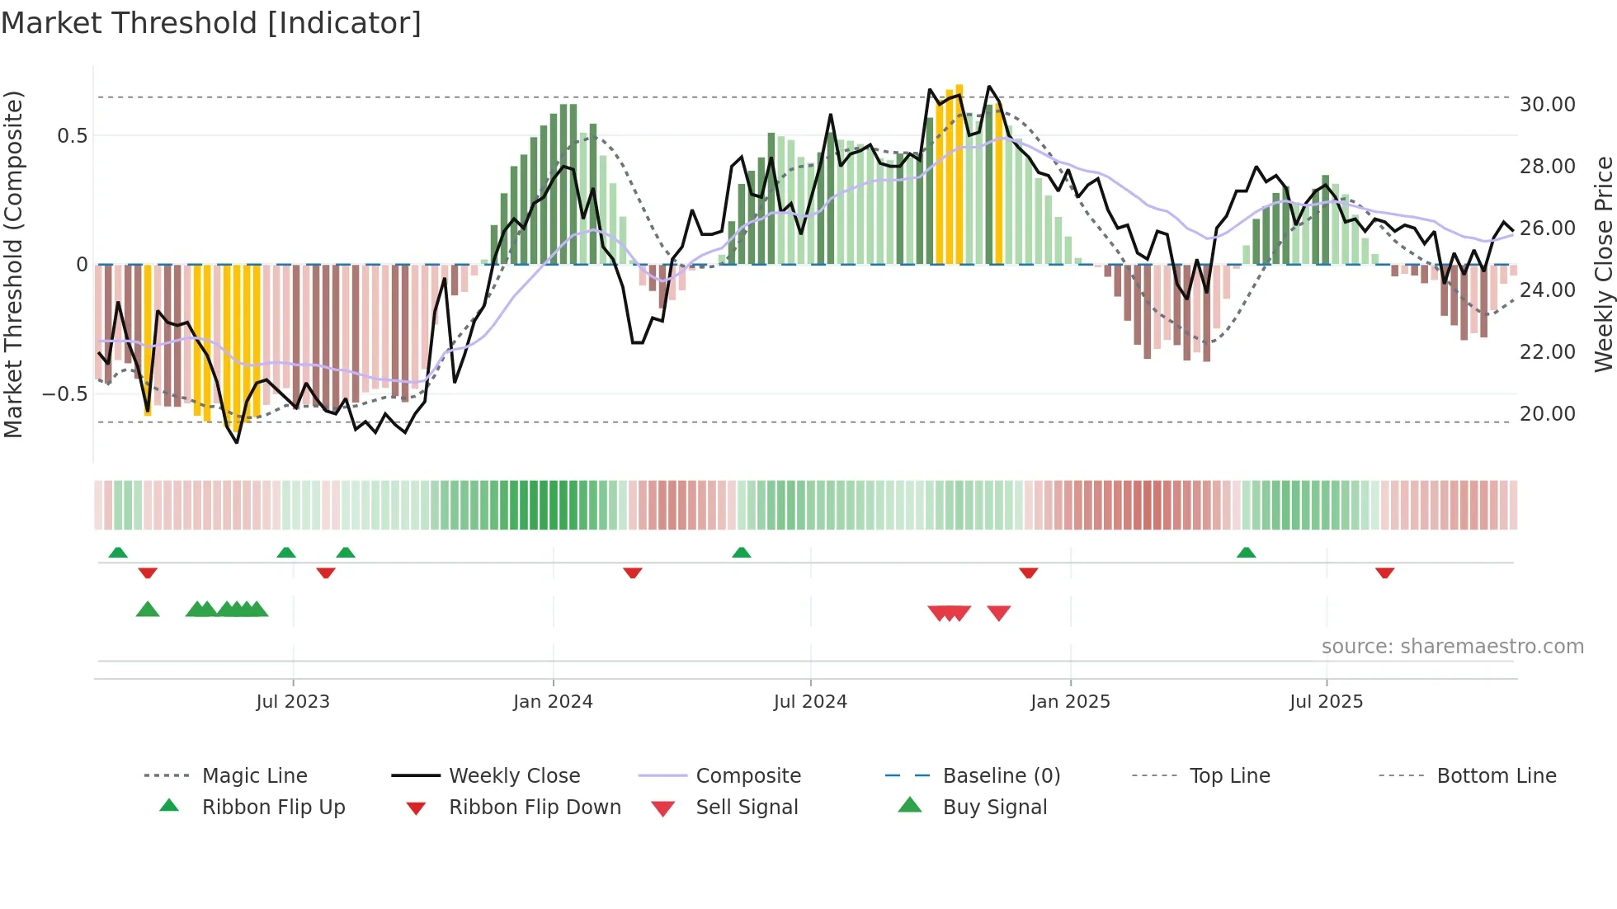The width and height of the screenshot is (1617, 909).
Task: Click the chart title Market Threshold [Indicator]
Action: tap(211, 23)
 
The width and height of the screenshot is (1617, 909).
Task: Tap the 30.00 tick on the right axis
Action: tap(1547, 105)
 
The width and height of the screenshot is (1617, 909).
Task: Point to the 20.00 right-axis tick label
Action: tap(1547, 414)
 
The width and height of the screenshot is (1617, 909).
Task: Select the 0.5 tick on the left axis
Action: tap(72, 136)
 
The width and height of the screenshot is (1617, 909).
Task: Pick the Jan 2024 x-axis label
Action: tap(553, 702)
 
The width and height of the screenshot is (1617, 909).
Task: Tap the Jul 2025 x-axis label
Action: tap(1326, 702)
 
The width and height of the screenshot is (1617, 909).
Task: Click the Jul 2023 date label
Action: tap(293, 702)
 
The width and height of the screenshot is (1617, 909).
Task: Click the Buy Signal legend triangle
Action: tap(909, 805)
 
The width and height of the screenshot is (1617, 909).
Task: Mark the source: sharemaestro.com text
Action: tap(1452, 647)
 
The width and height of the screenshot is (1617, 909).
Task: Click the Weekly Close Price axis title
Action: tap(1603, 264)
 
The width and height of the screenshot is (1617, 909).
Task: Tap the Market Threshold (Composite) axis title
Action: tap(13, 264)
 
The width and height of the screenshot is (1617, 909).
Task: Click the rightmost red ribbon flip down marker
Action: tap(1384, 572)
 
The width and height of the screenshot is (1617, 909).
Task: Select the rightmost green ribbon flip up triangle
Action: tap(1246, 553)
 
